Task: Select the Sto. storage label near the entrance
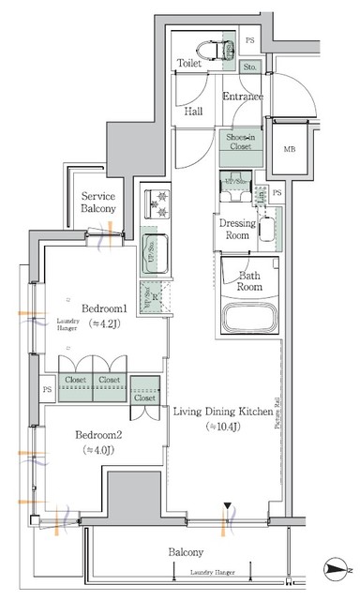pos(250,67)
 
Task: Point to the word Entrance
pos(242,97)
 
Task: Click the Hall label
pos(193,111)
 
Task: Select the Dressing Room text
pos(237,231)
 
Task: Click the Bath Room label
pos(248,281)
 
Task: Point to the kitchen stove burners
pos(155,201)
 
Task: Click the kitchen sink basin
pos(155,252)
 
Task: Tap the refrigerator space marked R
pos(155,299)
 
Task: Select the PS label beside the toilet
pos(249,40)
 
